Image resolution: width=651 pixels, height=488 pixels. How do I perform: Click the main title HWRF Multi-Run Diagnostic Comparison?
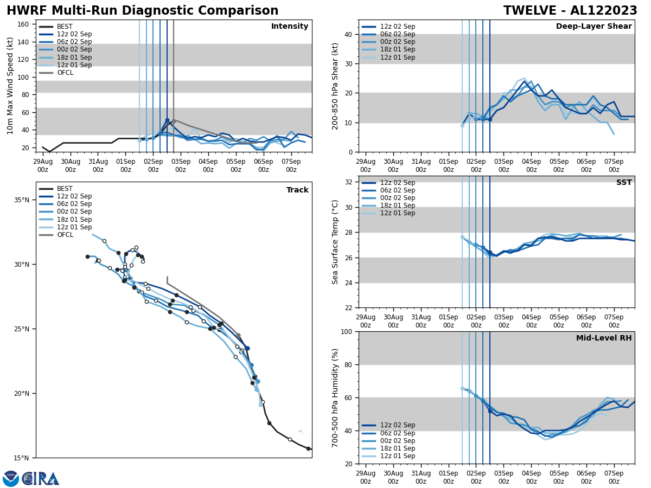[x=142, y=11]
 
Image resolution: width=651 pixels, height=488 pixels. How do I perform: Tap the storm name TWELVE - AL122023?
[x=570, y=11]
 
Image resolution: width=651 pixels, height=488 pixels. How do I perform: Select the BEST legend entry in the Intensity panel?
[x=65, y=27]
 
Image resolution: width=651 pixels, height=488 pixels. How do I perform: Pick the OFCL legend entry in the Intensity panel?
[x=65, y=73]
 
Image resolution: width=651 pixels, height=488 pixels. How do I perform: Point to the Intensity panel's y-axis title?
[x=10, y=86]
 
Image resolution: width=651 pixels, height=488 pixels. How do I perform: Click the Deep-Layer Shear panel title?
[x=593, y=27]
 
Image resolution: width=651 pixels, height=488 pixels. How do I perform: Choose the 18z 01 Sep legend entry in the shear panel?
[x=398, y=50]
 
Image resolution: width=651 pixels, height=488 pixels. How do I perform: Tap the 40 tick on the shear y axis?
[x=347, y=34]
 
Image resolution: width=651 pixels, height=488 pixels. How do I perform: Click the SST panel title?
[x=623, y=183]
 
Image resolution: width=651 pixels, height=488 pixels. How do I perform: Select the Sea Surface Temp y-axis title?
[x=336, y=242]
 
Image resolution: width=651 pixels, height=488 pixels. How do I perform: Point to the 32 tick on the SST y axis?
[x=347, y=182]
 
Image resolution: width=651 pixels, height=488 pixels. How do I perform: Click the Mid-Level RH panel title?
[x=604, y=338]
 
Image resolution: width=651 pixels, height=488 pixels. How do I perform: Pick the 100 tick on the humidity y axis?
[x=345, y=331]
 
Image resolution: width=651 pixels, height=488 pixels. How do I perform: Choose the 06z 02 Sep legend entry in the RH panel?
[x=398, y=433]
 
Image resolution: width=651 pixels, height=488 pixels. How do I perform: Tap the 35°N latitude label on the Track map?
[x=22, y=200]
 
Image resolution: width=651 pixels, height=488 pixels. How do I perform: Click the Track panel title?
[x=297, y=190]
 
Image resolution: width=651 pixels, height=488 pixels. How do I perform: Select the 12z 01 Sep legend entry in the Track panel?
[x=74, y=227]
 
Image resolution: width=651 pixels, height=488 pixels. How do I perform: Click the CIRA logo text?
[x=41, y=478]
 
